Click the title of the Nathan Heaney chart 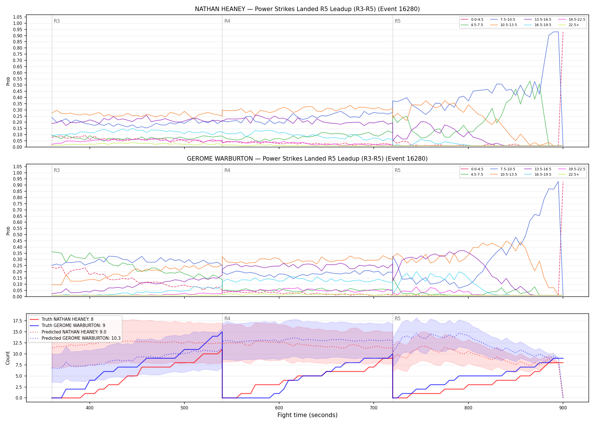307,9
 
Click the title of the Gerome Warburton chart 307,159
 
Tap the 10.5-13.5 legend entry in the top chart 504,25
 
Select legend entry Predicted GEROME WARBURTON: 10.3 75,338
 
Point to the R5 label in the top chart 398,21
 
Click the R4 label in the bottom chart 227,318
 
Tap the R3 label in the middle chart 57,170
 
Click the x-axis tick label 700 374,408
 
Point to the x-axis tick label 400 90,408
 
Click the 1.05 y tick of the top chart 17,17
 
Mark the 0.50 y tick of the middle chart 17,235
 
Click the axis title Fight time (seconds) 307,415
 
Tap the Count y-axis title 8,358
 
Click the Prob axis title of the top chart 8,81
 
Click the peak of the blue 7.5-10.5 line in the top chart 556,32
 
